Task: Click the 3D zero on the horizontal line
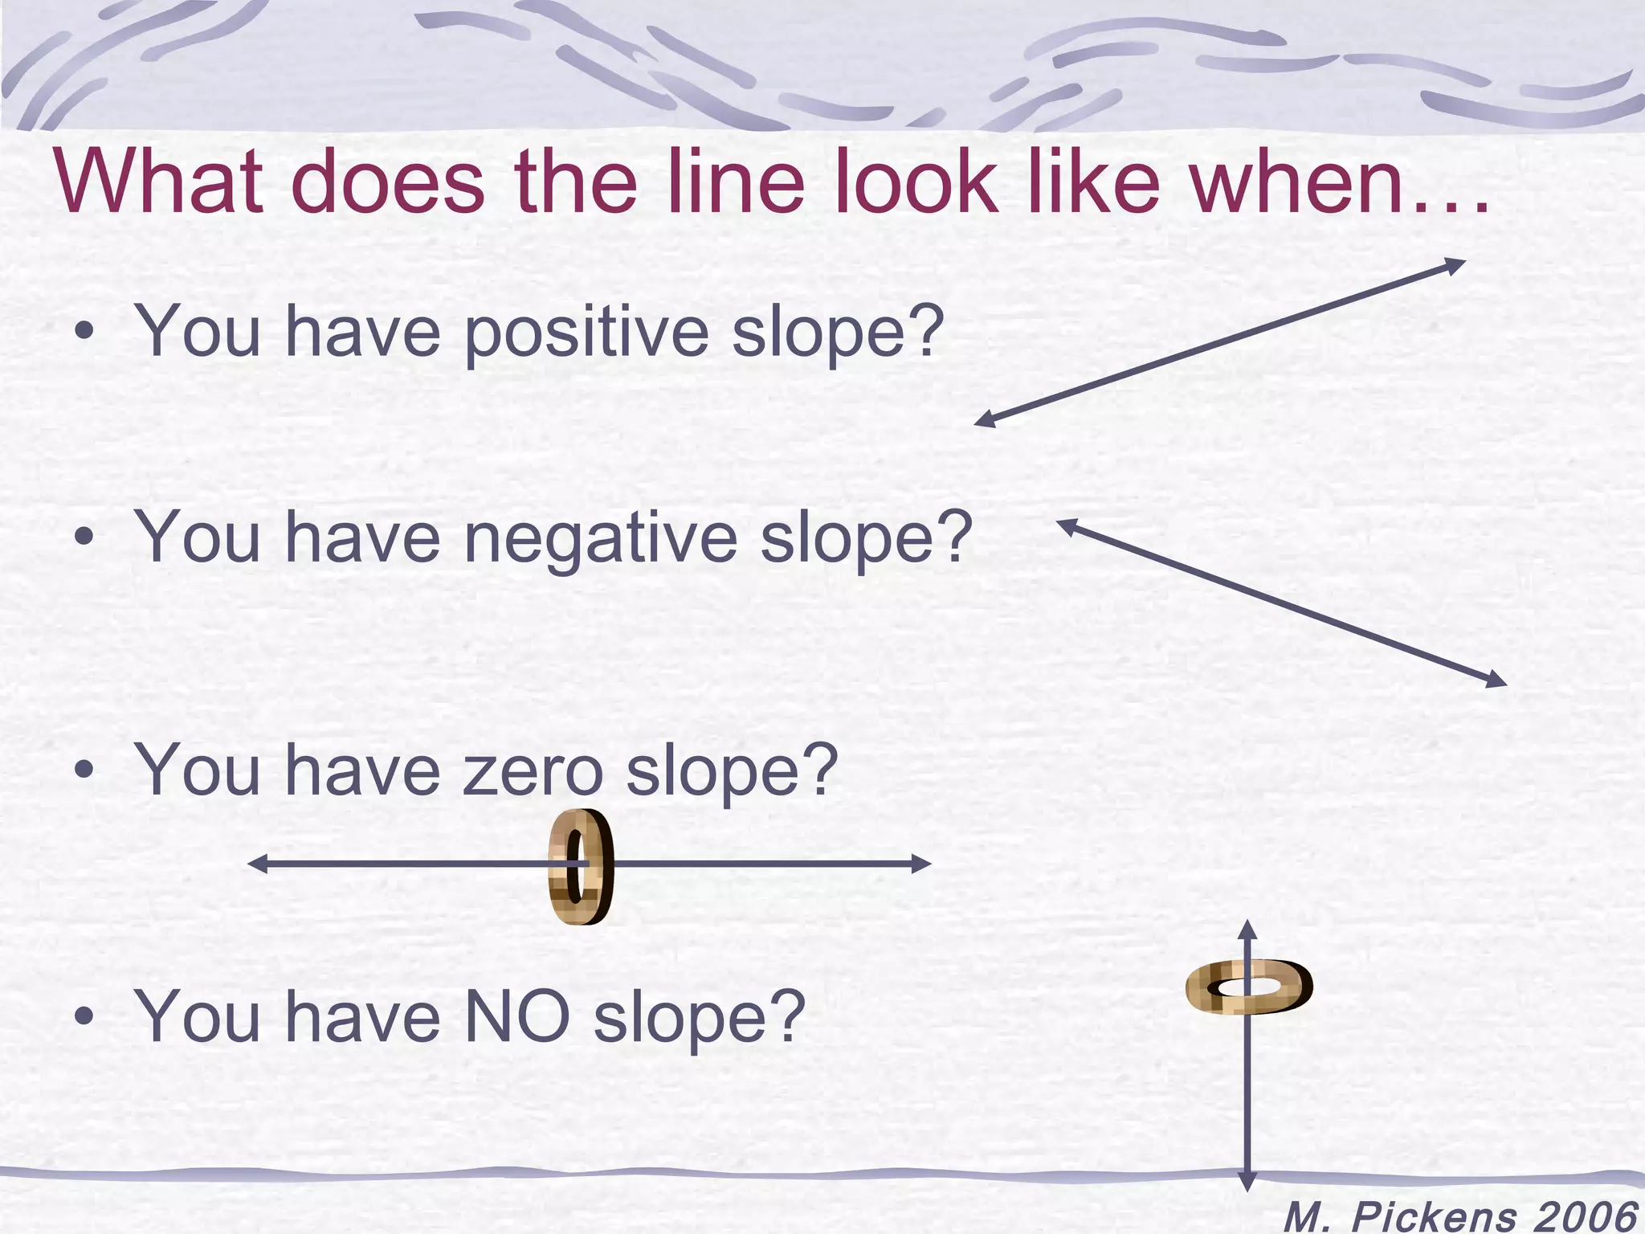pos(581,867)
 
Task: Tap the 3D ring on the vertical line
pos(1248,986)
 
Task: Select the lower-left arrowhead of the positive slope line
pos(985,420)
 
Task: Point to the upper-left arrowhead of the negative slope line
pos(1067,525)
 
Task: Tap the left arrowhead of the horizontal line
pos(257,864)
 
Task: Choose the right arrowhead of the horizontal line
pos(922,864)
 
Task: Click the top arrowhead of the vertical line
pos(1247,930)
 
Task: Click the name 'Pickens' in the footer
pos(1435,1216)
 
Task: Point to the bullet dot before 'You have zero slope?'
pos(83,771)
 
